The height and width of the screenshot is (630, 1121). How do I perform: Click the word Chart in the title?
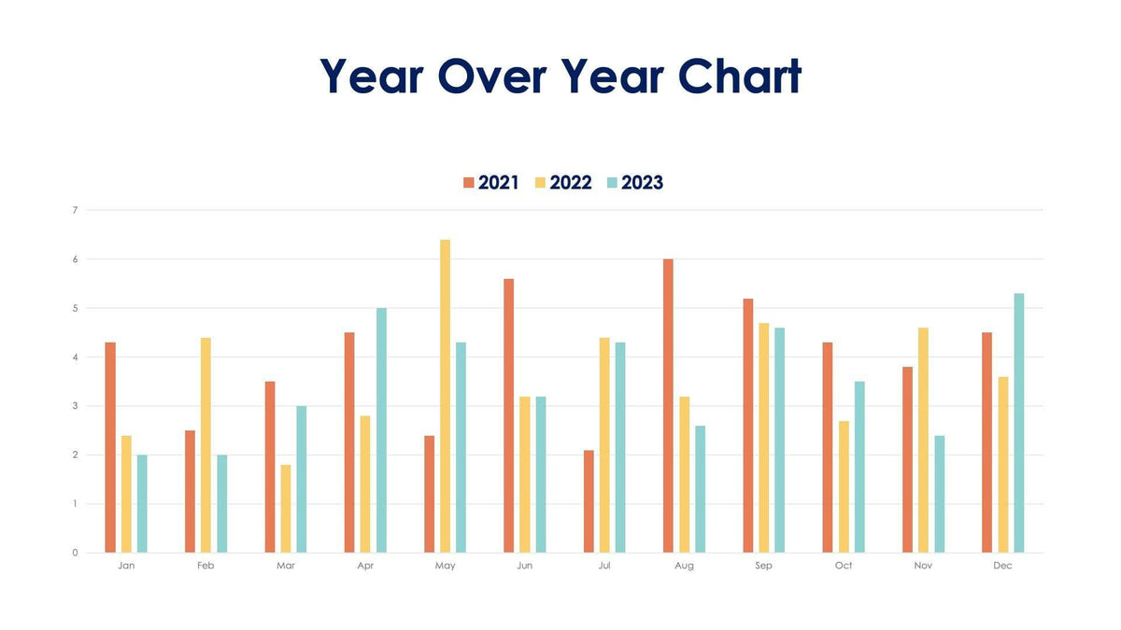(x=739, y=77)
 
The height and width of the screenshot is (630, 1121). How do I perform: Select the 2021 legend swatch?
(x=469, y=183)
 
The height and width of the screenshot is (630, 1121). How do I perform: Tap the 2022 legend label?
(x=571, y=183)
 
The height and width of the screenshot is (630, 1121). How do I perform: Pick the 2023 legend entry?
(x=642, y=183)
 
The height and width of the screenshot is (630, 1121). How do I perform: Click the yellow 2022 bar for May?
(x=446, y=397)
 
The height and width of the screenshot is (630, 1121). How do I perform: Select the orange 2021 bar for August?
(x=668, y=406)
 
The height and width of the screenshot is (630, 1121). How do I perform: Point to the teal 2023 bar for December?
(x=1019, y=423)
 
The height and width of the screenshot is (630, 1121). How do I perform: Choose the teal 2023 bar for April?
(x=381, y=430)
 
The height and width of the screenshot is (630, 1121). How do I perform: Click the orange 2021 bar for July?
(x=589, y=501)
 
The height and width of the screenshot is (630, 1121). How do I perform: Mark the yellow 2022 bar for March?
(x=286, y=509)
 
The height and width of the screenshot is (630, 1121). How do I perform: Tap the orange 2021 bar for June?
(x=509, y=415)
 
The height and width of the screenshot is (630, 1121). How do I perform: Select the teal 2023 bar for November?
(x=939, y=494)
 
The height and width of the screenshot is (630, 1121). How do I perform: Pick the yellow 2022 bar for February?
(x=206, y=445)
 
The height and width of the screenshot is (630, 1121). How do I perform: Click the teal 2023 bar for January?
(x=142, y=504)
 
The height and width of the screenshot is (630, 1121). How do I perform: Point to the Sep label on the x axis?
(x=764, y=567)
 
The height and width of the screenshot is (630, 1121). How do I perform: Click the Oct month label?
(x=844, y=567)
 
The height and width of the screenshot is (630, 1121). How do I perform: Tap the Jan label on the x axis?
(x=126, y=567)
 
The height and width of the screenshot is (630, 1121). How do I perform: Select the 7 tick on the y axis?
(x=75, y=210)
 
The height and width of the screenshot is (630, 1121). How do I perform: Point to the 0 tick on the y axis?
(x=75, y=553)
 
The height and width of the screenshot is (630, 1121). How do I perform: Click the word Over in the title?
(x=497, y=77)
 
